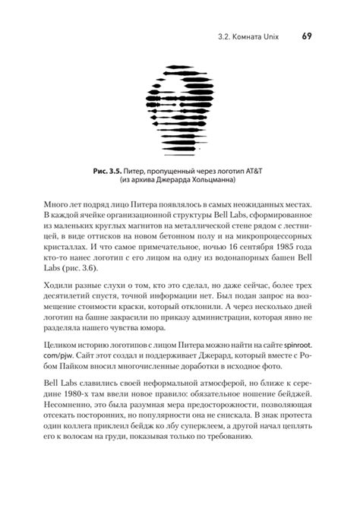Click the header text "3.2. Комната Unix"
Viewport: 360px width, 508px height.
click(250, 35)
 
